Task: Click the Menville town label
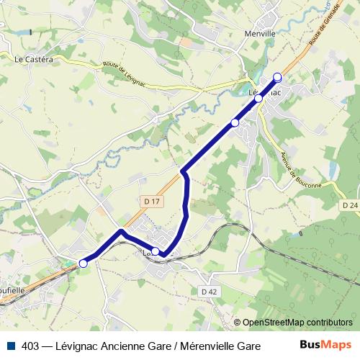tap(261, 33)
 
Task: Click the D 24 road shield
tap(350, 205)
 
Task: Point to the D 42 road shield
tap(210, 291)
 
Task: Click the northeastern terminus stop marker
tap(277, 77)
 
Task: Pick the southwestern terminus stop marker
tap(84, 264)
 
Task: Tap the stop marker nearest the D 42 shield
tap(156, 251)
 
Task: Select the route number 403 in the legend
tap(31, 346)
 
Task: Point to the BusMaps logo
tap(326, 345)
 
